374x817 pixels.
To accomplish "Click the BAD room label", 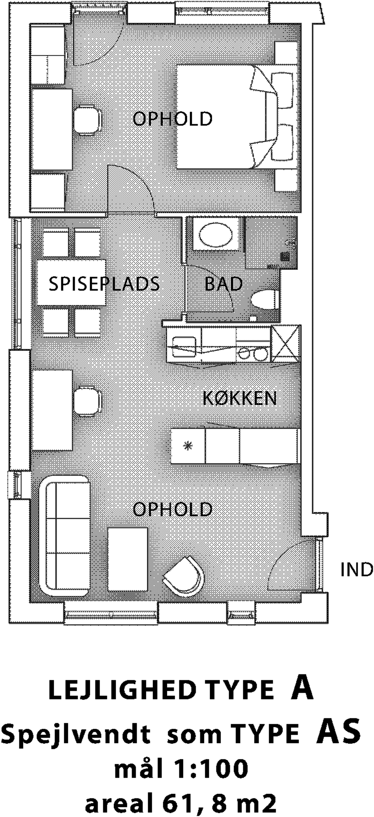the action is coord(223,284).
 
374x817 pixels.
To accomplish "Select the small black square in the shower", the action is coord(285,256).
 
